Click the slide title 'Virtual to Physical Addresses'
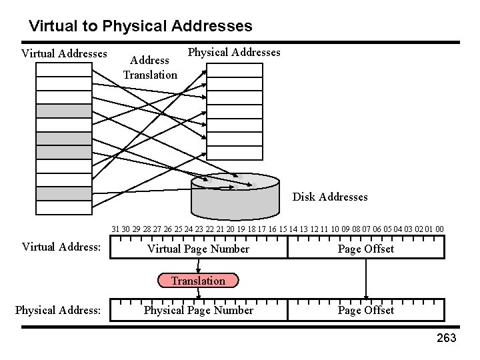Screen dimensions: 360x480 tap(141, 27)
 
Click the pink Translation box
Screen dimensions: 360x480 tap(197, 281)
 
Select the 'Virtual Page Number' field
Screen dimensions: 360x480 tap(198, 249)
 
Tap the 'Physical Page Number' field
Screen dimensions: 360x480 tap(198, 310)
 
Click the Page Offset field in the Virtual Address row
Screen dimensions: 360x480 tap(365, 249)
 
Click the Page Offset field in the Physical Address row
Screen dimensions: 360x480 tap(365, 310)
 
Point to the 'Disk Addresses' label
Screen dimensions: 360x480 tap(330, 197)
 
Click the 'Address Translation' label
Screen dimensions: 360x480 tap(150, 68)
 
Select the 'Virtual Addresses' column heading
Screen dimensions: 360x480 tap(64, 53)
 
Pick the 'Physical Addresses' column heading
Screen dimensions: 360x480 tap(234, 52)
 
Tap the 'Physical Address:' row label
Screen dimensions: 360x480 tap(58, 310)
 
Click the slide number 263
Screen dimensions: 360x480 tap(446, 339)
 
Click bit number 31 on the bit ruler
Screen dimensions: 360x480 tap(115, 229)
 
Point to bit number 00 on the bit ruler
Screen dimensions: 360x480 tap(439, 229)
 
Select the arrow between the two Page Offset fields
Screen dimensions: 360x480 tap(366, 279)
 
